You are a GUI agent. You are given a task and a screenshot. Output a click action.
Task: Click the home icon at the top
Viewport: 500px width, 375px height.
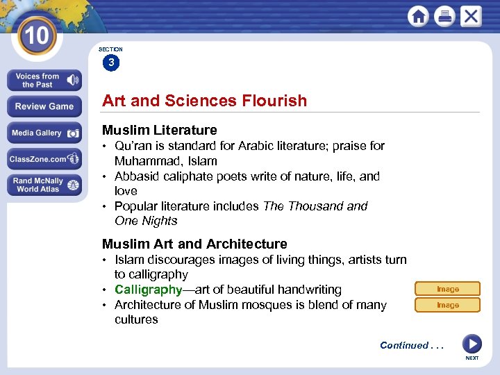(418, 17)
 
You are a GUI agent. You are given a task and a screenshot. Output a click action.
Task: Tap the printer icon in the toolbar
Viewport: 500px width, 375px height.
(444, 17)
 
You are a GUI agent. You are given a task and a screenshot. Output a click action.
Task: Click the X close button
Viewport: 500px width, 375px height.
(470, 16)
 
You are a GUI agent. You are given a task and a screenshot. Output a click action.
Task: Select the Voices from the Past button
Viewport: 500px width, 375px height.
(44, 81)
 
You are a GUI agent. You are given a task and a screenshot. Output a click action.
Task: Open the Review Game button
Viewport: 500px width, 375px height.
(44, 106)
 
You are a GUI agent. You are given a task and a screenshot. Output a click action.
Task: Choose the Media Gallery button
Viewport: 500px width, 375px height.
(44, 133)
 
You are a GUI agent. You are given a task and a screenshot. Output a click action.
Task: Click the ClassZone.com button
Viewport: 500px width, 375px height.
(44, 159)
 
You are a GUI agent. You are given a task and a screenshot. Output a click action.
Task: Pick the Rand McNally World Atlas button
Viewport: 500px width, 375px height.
(44, 185)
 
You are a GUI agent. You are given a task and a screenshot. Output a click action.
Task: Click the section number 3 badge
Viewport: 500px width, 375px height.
(110, 63)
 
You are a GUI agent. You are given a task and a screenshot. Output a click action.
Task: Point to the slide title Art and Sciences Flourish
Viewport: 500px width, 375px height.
(204, 101)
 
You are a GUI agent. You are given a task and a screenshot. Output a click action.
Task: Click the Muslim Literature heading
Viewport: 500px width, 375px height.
(159, 130)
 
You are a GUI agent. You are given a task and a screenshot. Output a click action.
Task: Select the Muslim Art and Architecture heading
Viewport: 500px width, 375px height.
(194, 244)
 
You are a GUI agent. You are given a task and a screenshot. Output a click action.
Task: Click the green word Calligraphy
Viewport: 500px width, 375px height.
(148, 290)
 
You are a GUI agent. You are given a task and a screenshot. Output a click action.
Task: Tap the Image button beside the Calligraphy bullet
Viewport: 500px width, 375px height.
(447, 289)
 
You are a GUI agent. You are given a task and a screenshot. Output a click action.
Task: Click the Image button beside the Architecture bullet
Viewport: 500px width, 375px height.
(447, 305)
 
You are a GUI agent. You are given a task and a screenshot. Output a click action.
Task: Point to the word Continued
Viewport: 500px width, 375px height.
(404, 345)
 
